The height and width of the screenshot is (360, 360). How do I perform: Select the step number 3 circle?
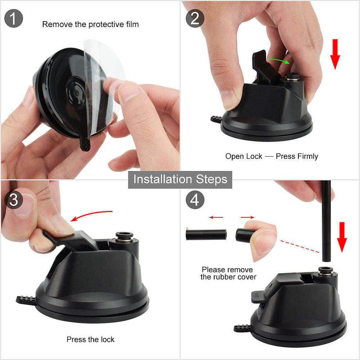(13, 198)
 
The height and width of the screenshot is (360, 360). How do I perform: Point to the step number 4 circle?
(194, 199)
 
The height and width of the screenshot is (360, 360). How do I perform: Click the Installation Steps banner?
(180, 179)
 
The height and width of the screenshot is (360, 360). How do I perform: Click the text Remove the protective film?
(90, 24)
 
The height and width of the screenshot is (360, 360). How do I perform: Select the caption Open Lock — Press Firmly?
(271, 156)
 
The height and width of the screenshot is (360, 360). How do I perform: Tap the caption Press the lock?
(90, 339)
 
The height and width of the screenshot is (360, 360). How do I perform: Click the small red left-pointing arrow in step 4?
(216, 217)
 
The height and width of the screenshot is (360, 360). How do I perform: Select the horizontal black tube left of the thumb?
(206, 234)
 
